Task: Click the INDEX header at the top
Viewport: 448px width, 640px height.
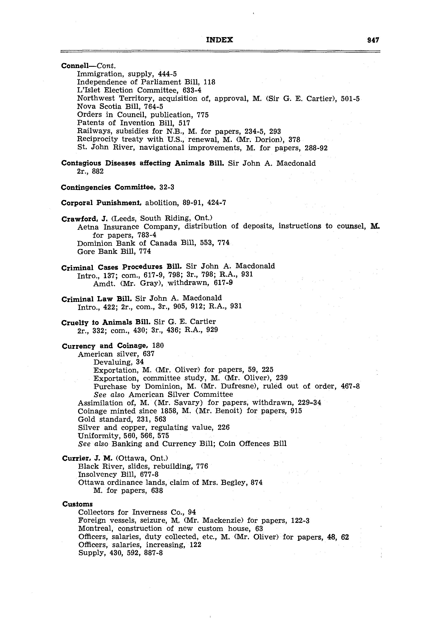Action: point(219,40)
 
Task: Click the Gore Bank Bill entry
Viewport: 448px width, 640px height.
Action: point(114,252)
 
